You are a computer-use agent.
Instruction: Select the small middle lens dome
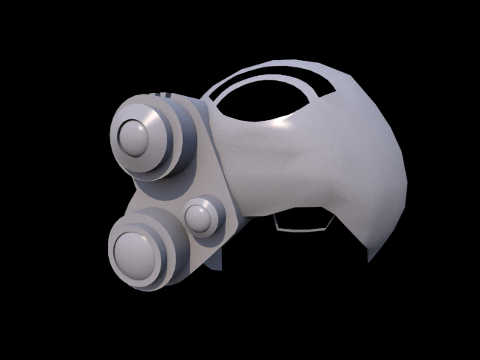click(199, 217)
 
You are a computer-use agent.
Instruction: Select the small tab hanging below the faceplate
click(217, 259)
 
